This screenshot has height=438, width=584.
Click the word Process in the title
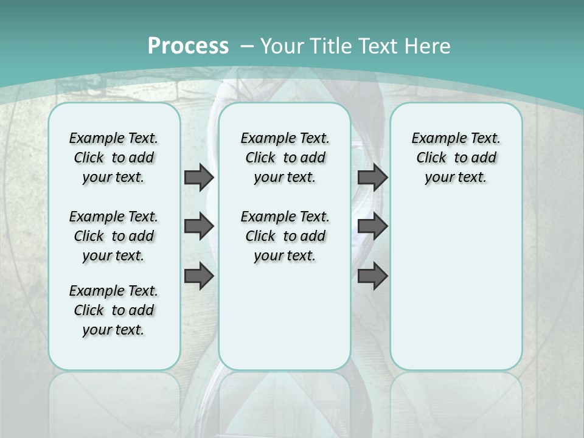pyautogui.click(x=188, y=46)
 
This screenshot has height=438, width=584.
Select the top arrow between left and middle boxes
pyautogui.click(x=199, y=177)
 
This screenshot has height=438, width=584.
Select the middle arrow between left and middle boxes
pyautogui.click(x=199, y=227)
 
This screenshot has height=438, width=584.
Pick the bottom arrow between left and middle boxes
pyautogui.click(x=199, y=276)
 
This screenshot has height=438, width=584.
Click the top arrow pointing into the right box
pyautogui.click(x=372, y=177)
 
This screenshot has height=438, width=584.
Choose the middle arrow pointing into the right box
pyautogui.click(x=372, y=227)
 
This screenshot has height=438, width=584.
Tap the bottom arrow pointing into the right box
pyautogui.click(x=372, y=276)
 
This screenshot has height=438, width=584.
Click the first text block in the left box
pyautogui.click(x=114, y=158)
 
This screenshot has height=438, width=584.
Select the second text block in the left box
pyautogui.click(x=114, y=236)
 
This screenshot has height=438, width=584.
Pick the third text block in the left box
pyautogui.click(x=114, y=310)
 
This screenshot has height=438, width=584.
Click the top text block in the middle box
pyautogui.click(x=285, y=158)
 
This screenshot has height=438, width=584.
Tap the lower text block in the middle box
pyautogui.click(x=285, y=236)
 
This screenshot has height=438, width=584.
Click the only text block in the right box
pyautogui.click(x=456, y=158)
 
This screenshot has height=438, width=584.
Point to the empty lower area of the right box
pyautogui.click(x=456, y=286)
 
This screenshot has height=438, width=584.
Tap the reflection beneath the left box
pyautogui.click(x=114, y=395)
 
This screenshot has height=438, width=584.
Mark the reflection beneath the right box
pyautogui.click(x=456, y=395)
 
